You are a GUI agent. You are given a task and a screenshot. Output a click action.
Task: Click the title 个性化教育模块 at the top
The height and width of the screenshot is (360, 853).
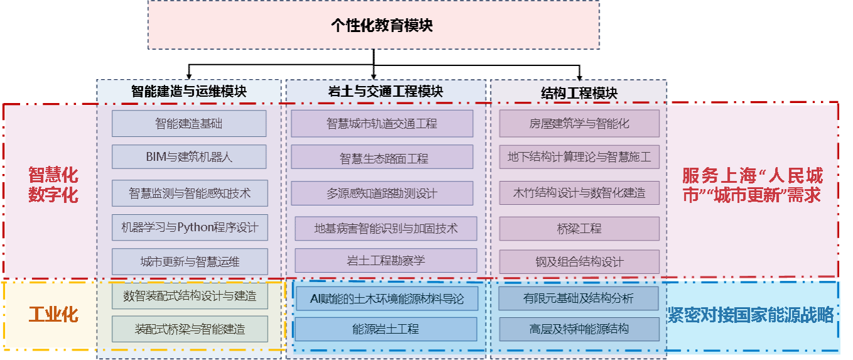[x=373, y=25]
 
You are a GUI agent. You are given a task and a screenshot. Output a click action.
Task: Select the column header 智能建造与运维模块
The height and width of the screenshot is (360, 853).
[x=188, y=91]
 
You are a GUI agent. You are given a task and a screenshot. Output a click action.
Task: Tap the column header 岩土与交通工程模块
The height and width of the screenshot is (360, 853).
[x=386, y=91]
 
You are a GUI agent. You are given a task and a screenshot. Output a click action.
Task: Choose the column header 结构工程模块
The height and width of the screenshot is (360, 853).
[x=579, y=93]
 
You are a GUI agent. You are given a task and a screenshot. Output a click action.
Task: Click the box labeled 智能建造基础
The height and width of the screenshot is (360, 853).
[x=189, y=123]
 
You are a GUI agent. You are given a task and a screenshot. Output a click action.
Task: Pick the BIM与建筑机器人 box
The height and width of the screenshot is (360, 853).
[x=189, y=157]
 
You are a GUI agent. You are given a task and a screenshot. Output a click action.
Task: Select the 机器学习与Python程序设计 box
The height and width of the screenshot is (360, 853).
[x=190, y=227]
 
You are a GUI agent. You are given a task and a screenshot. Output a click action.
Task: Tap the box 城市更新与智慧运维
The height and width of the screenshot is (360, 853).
[x=190, y=261]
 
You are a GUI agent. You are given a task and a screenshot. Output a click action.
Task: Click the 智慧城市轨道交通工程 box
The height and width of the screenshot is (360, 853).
[x=382, y=123]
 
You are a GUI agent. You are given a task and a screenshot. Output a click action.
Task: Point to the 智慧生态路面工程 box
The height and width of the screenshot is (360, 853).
[x=382, y=158]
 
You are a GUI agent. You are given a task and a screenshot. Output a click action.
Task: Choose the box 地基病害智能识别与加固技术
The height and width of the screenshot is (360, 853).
[x=386, y=228]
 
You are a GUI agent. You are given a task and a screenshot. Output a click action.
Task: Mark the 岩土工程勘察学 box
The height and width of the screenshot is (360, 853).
[x=386, y=260]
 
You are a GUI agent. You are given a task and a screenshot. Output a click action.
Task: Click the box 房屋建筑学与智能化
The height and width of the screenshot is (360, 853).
[x=579, y=123]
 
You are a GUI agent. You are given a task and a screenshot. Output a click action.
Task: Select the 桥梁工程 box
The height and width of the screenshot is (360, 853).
[x=579, y=229]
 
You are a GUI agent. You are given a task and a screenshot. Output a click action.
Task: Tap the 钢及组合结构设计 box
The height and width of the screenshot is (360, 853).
[x=579, y=262]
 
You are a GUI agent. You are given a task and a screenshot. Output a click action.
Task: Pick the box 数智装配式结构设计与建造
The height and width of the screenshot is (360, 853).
[x=190, y=295]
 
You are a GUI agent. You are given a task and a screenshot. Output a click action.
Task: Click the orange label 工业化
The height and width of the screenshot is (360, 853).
[x=53, y=314]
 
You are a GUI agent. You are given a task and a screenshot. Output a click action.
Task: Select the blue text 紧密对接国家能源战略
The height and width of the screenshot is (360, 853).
[x=752, y=315]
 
